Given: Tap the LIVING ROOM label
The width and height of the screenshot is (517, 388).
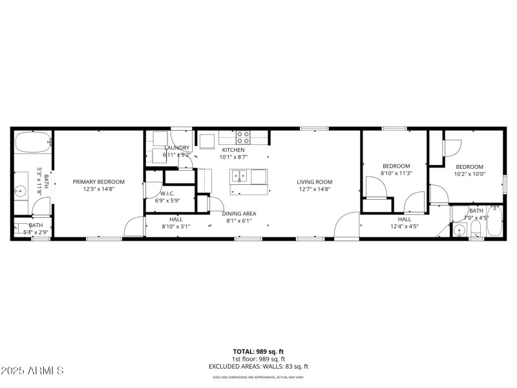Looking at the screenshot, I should point(314,182).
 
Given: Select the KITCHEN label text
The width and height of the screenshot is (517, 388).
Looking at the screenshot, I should point(233,149).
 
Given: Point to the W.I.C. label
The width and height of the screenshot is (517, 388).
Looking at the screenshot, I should point(168,193).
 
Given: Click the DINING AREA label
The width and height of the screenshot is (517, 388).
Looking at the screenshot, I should point(239,213).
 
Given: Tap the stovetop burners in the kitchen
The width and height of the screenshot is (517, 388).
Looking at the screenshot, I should point(243,137).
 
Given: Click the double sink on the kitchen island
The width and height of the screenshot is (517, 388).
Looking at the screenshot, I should point(240,175).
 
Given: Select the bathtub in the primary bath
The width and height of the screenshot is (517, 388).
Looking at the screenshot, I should point(32,142).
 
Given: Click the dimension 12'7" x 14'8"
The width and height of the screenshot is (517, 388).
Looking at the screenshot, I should point(314,189).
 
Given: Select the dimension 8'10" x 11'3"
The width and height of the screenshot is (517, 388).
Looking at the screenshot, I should point(396,173).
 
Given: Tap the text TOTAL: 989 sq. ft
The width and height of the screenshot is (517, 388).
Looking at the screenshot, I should point(258,352).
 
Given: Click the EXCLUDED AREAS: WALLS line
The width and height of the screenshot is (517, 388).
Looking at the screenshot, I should point(258,366).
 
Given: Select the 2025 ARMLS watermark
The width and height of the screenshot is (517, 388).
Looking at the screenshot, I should point(32,371).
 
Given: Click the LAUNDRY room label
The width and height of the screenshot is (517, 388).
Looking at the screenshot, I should point(176,147).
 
